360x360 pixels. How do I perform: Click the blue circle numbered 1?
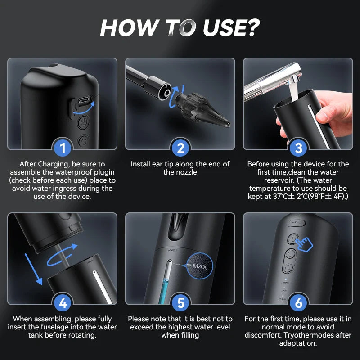tap(63, 148)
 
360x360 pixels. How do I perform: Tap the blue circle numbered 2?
tap(180, 148)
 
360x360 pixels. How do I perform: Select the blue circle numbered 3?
tap(298, 148)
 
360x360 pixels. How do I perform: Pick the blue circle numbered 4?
tap(63, 303)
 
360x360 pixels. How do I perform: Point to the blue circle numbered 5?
tap(180, 303)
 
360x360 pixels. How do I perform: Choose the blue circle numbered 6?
tap(298, 303)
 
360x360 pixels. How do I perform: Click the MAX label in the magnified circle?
tap(199, 266)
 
